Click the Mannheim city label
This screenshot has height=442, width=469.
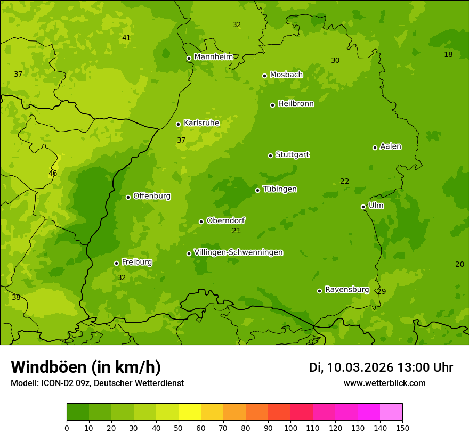pyautogui.click(x=213, y=57)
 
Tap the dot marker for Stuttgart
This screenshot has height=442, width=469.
pyautogui.click(x=270, y=155)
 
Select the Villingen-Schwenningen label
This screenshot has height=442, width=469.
pyautogui.click(x=238, y=252)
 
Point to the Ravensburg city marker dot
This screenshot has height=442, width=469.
pyautogui.click(x=319, y=291)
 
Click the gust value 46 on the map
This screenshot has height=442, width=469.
pyautogui.click(x=53, y=174)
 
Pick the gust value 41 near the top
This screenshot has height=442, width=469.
pyautogui.click(x=126, y=38)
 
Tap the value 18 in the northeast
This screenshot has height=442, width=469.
pyautogui.click(x=448, y=54)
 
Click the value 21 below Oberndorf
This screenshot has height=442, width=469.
pyautogui.click(x=237, y=231)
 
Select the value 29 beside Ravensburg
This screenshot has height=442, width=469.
pyautogui.click(x=381, y=291)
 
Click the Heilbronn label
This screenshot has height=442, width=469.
pyautogui.click(x=296, y=104)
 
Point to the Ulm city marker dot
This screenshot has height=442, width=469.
pyautogui.click(x=363, y=207)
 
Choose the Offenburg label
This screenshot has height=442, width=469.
pyautogui.click(x=152, y=196)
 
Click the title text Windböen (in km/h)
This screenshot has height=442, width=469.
pyautogui.click(x=86, y=367)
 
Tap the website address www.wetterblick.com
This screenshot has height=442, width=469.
pyautogui.click(x=384, y=383)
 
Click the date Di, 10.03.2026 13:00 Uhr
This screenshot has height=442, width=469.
pyautogui.click(x=381, y=367)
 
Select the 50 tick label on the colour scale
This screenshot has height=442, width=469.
pyautogui.click(x=179, y=428)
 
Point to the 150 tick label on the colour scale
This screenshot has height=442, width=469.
pyautogui.click(x=402, y=428)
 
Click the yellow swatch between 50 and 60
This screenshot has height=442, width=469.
pyautogui.click(x=190, y=412)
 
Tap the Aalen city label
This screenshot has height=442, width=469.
pyautogui.click(x=391, y=146)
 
